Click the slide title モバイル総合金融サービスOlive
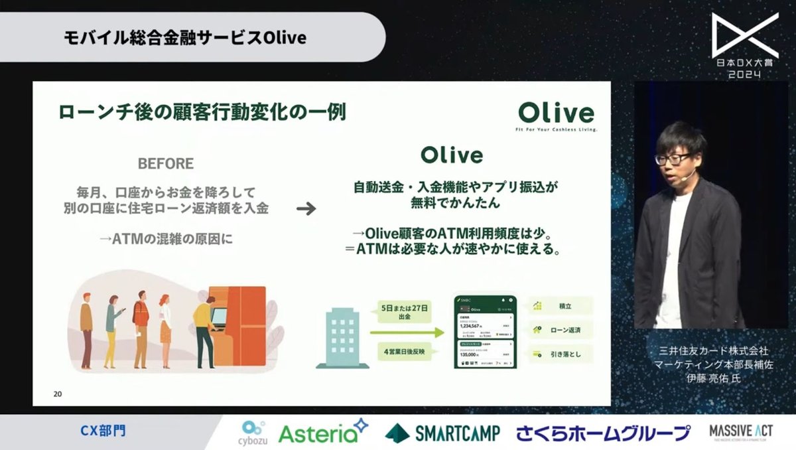click(x=185, y=37)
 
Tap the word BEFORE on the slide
click(x=165, y=163)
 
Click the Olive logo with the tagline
click(x=557, y=115)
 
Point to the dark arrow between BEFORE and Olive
click(x=306, y=209)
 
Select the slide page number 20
click(x=58, y=394)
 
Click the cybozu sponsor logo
click(x=254, y=432)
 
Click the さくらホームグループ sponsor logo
click(x=603, y=433)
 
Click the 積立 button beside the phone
click(x=561, y=306)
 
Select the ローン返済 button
click(x=561, y=330)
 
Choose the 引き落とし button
click(x=561, y=354)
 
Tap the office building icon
click(x=342, y=338)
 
